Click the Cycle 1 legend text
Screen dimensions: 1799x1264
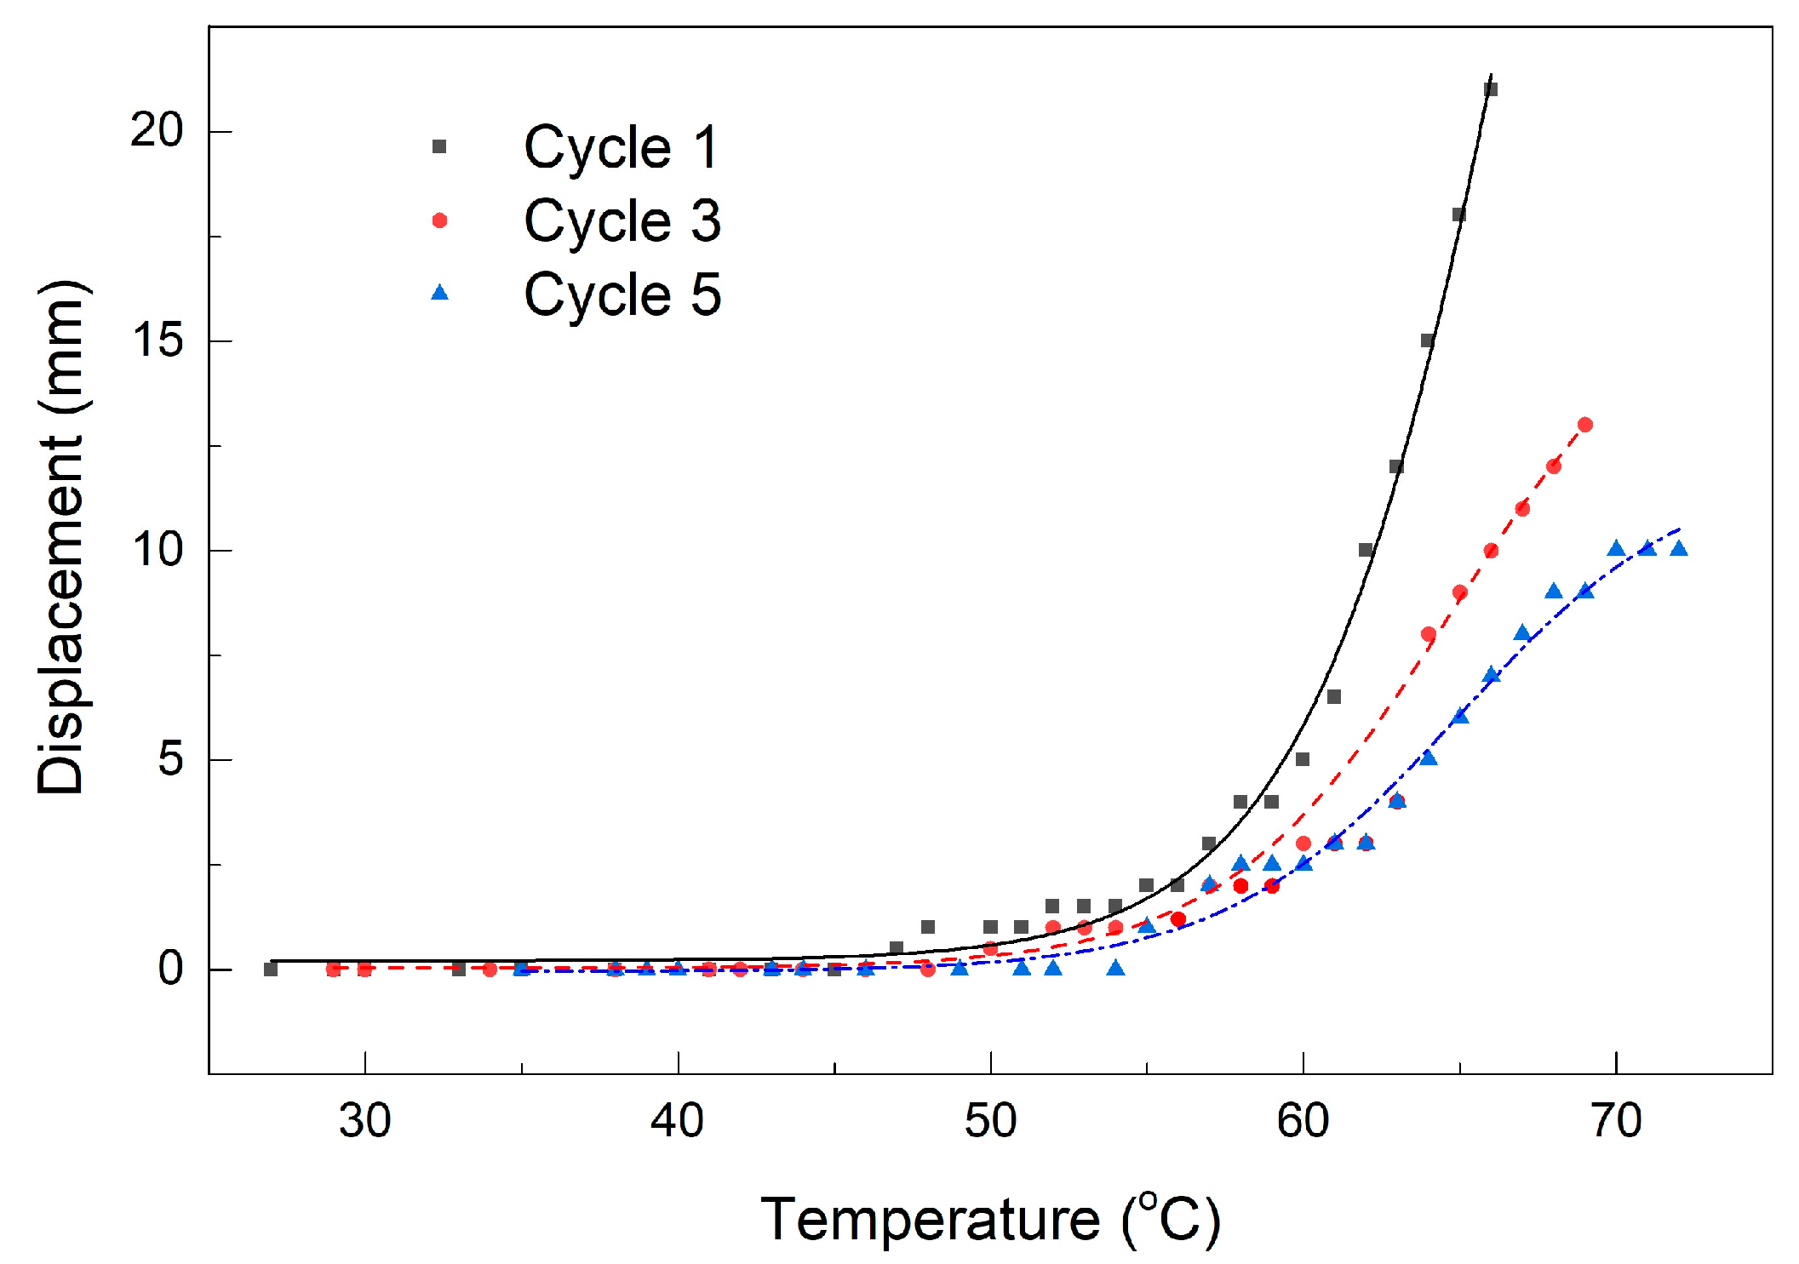coord(622,147)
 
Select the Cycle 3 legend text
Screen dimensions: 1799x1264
coord(622,221)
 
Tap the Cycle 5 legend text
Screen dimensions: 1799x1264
coord(622,295)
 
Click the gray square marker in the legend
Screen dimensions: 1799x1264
coord(439,146)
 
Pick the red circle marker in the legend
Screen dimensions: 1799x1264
coord(439,220)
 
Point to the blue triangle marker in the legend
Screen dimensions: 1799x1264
coord(439,293)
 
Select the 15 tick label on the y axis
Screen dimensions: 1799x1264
coord(158,340)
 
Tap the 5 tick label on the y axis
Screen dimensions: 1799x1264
coord(171,758)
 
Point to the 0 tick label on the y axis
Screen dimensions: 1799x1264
coord(171,968)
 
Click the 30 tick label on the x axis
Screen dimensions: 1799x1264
coord(364,1120)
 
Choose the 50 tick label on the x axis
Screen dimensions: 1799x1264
coord(990,1120)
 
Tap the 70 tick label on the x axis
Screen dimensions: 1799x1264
coord(1616,1120)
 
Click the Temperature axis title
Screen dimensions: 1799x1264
coord(990,1219)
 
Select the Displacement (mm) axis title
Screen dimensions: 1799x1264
coord(61,537)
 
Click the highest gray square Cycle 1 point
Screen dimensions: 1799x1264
coord(1491,89)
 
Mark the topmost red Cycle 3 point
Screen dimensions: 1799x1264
coord(1584,425)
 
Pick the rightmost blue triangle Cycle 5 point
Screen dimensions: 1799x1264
coord(1679,548)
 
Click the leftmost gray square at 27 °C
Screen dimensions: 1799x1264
coord(271,969)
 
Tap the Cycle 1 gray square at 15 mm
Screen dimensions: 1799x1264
coord(1428,340)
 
